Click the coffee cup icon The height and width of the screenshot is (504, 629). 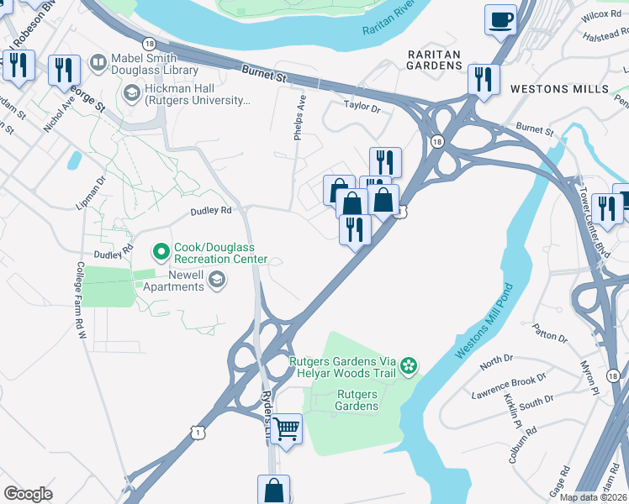(x=502, y=19)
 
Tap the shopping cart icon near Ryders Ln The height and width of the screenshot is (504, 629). (x=287, y=428)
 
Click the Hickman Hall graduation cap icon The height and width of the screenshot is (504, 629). (x=131, y=94)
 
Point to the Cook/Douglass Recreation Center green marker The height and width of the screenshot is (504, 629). (x=161, y=251)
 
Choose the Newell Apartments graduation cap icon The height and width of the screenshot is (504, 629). (x=217, y=281)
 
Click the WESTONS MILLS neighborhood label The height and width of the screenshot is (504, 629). (x=559, y=88)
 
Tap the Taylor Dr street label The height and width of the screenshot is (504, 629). (x=362, y=108)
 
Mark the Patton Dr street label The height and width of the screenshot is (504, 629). (x=551, y=333)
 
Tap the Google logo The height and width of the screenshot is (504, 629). (x=29, y=493)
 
